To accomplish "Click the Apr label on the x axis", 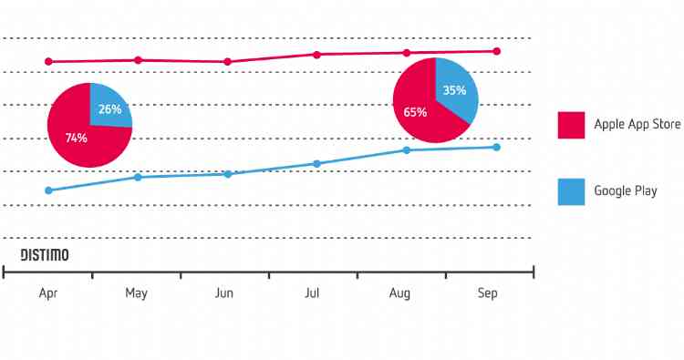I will pos(48,293).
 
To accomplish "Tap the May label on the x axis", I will pos(136,293).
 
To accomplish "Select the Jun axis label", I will pos(223,293).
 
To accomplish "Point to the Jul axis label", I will pos(312,293).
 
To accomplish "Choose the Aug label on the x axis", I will pos(399,293).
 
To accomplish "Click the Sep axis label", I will pos(488,293).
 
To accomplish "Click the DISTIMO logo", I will pos(45,254).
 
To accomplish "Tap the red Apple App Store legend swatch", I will pos(571,125).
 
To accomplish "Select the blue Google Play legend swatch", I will pos(571,191).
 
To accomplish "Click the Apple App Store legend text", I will pos(637,125).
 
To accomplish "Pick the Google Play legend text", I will pos(625,191).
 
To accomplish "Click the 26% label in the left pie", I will pos(109,109).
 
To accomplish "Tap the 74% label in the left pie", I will pos(76,138).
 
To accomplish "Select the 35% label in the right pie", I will pos(454,90).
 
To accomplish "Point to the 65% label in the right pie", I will pos(416,111).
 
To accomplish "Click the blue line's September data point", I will pos(496,147).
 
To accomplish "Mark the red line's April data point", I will pos(48,62).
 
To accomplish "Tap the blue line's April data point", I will pos(48,190).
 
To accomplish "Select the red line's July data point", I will pos(316,55).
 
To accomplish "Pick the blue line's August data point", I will pos(407,150).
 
